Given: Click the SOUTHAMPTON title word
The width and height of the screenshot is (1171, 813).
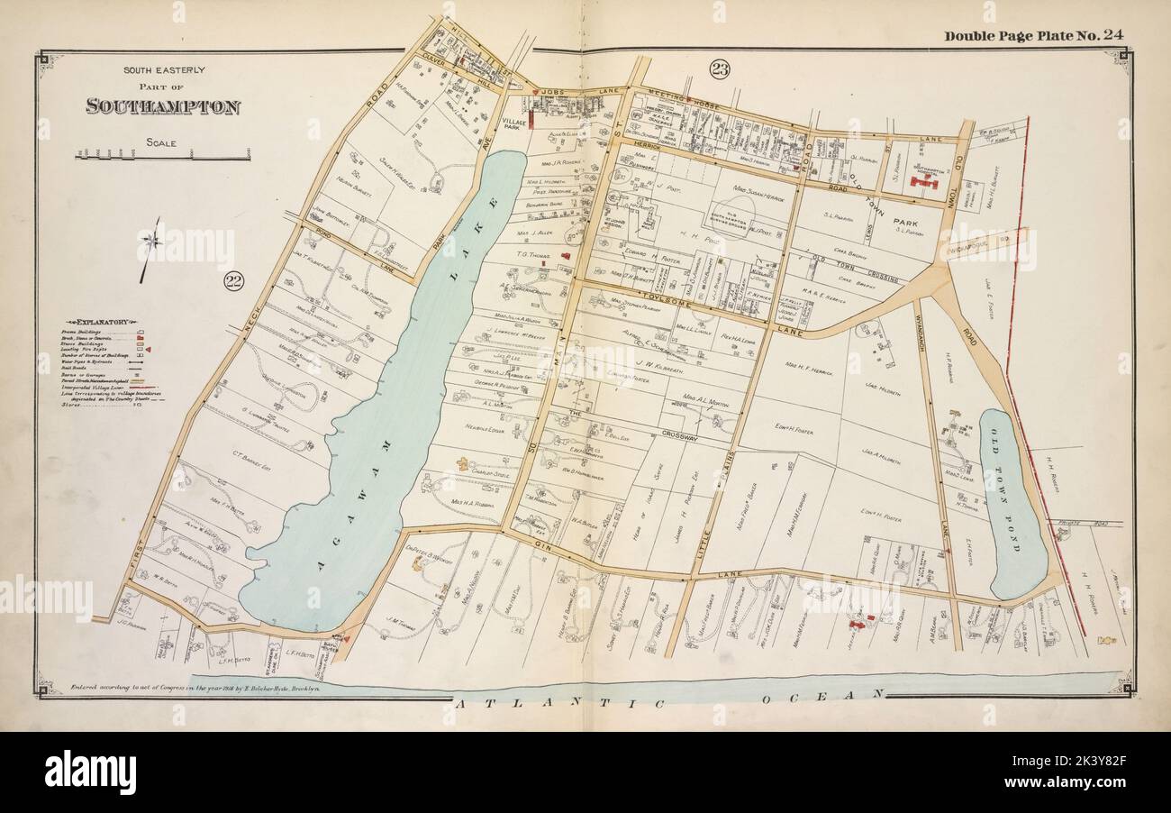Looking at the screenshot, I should tap(163, 106).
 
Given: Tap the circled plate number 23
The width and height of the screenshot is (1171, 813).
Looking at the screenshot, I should tap(719, 69).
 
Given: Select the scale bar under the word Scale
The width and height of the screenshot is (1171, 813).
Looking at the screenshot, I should tap(162, 157).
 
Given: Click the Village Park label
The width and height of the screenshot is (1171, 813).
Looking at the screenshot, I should tap(514, 122).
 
